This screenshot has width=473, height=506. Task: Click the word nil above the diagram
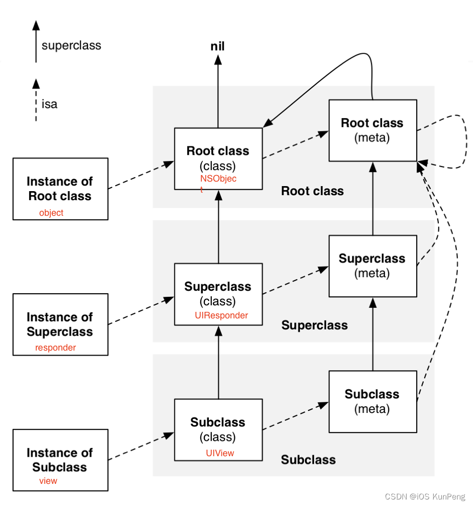pos(217,46)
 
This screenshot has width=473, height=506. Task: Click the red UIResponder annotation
pos(221,315)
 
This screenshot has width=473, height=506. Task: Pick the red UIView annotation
pos(220,453)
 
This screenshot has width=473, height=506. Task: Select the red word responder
pos(55,348)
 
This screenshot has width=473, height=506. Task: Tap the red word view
pos(48,481)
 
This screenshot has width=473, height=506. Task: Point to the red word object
pos(51,213)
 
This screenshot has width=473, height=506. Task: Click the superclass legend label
pos(71,45)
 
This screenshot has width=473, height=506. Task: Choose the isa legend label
pos(49,104)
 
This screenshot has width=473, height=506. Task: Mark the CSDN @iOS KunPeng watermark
pos(425,496)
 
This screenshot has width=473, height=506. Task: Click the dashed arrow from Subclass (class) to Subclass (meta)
pos(295,416)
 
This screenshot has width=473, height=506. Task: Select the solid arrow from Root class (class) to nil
pos(218,92)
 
